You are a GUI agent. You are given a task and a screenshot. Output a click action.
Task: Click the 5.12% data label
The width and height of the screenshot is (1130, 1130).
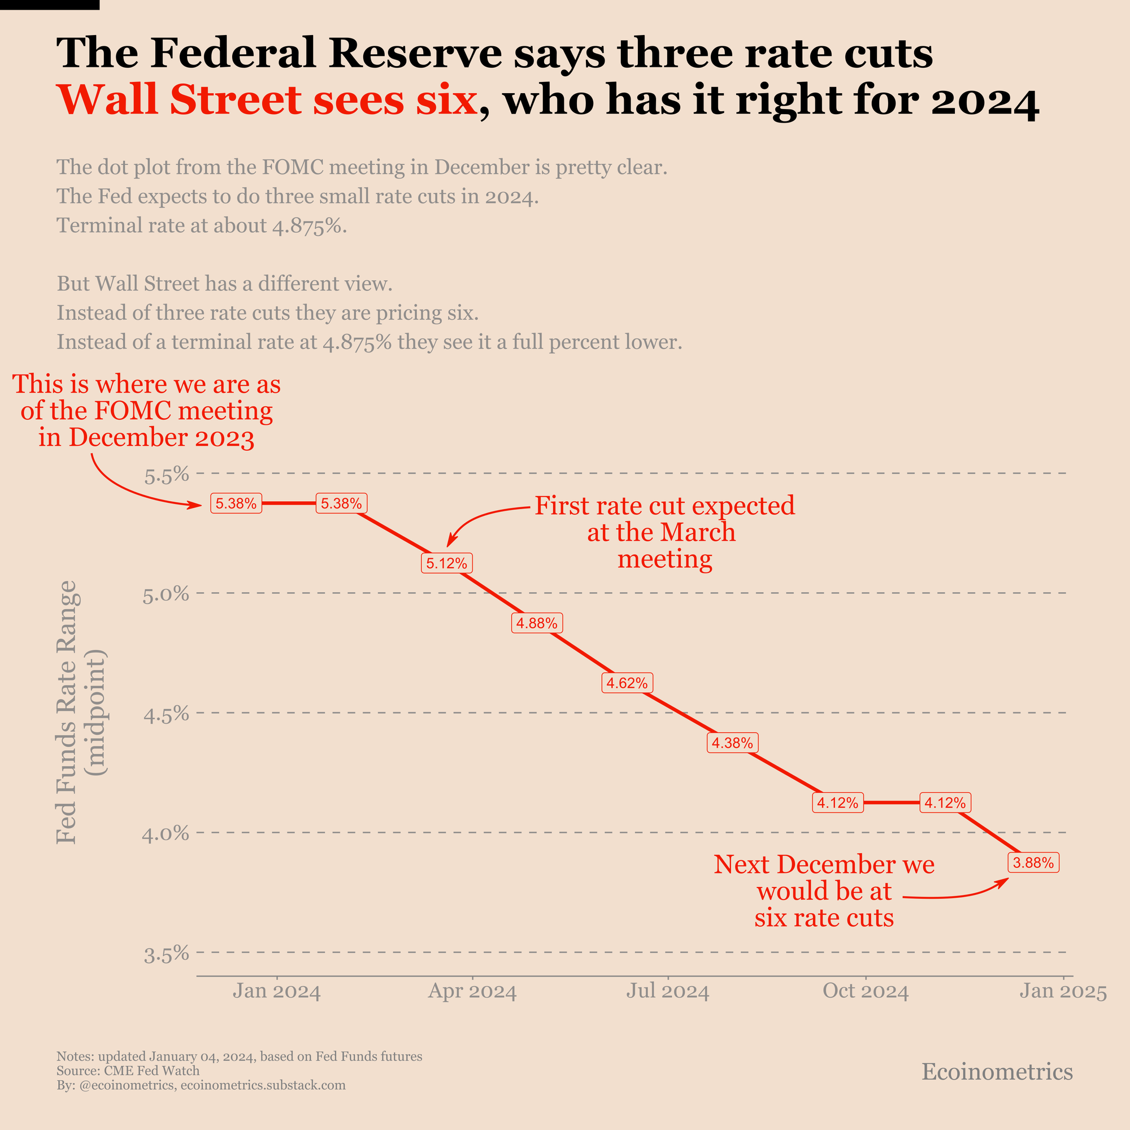(447, 563)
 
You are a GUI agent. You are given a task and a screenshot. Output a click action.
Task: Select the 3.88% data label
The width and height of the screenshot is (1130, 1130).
(1033, 863)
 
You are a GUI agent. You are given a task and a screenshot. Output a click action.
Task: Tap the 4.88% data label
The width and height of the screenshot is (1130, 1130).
(537, 623)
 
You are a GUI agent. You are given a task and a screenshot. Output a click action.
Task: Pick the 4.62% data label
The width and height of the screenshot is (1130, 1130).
(627, 683)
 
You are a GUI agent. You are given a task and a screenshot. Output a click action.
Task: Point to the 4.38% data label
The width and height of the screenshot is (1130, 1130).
(732, 743)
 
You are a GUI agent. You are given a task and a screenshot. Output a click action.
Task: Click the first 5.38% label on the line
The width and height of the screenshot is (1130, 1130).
(236, 503)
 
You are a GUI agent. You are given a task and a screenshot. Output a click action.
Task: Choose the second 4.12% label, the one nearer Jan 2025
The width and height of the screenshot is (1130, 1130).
(945, 802)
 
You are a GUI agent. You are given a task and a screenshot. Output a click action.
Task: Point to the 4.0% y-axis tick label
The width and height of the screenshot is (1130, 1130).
(166, 833)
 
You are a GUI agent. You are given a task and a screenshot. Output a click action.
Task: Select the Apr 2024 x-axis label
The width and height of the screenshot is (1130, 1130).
(472, 992)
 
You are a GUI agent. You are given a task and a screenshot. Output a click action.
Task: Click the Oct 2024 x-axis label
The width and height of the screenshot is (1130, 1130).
(866, 992)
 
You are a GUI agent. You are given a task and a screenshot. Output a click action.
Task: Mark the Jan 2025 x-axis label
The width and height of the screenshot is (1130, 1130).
(1063, 992)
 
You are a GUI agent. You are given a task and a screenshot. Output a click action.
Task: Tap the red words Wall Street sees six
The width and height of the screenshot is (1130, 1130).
(267, 99)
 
